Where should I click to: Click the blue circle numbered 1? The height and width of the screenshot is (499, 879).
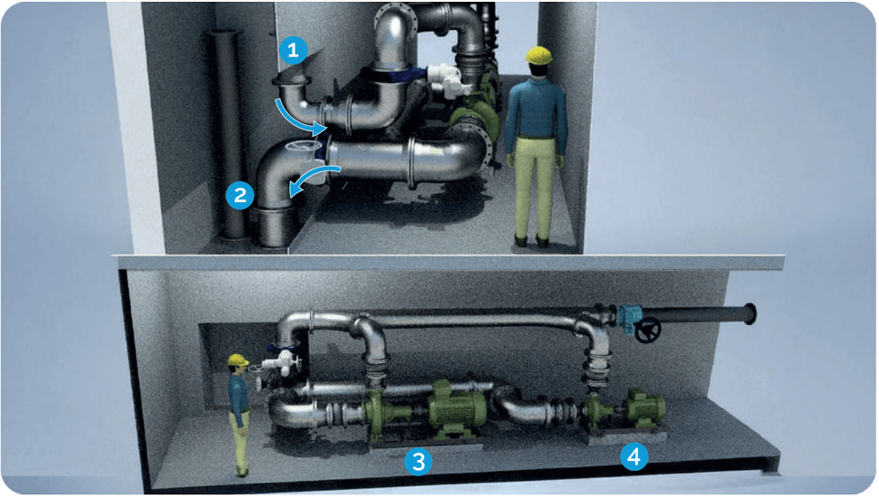[x=293, y=51]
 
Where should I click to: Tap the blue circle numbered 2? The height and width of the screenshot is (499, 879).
[x=240, y=195]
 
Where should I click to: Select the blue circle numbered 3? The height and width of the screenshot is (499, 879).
[x=418, y=462]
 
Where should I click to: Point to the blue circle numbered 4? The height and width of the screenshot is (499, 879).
[x=634, y=457]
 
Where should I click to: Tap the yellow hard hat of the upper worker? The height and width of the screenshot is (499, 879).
[x=538, y=55]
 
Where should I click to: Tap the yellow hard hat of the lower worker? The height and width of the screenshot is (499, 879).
[x=237, y=360]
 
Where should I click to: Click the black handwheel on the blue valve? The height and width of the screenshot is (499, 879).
[x=648, y=330]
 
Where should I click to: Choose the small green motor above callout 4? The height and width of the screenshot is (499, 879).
[x=645, y=408]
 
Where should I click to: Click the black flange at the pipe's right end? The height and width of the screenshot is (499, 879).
[x=750, y=313]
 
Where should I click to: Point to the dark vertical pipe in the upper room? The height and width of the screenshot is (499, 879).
[x=229, y=134]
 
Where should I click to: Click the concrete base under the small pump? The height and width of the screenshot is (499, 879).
[x=627, y=436]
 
